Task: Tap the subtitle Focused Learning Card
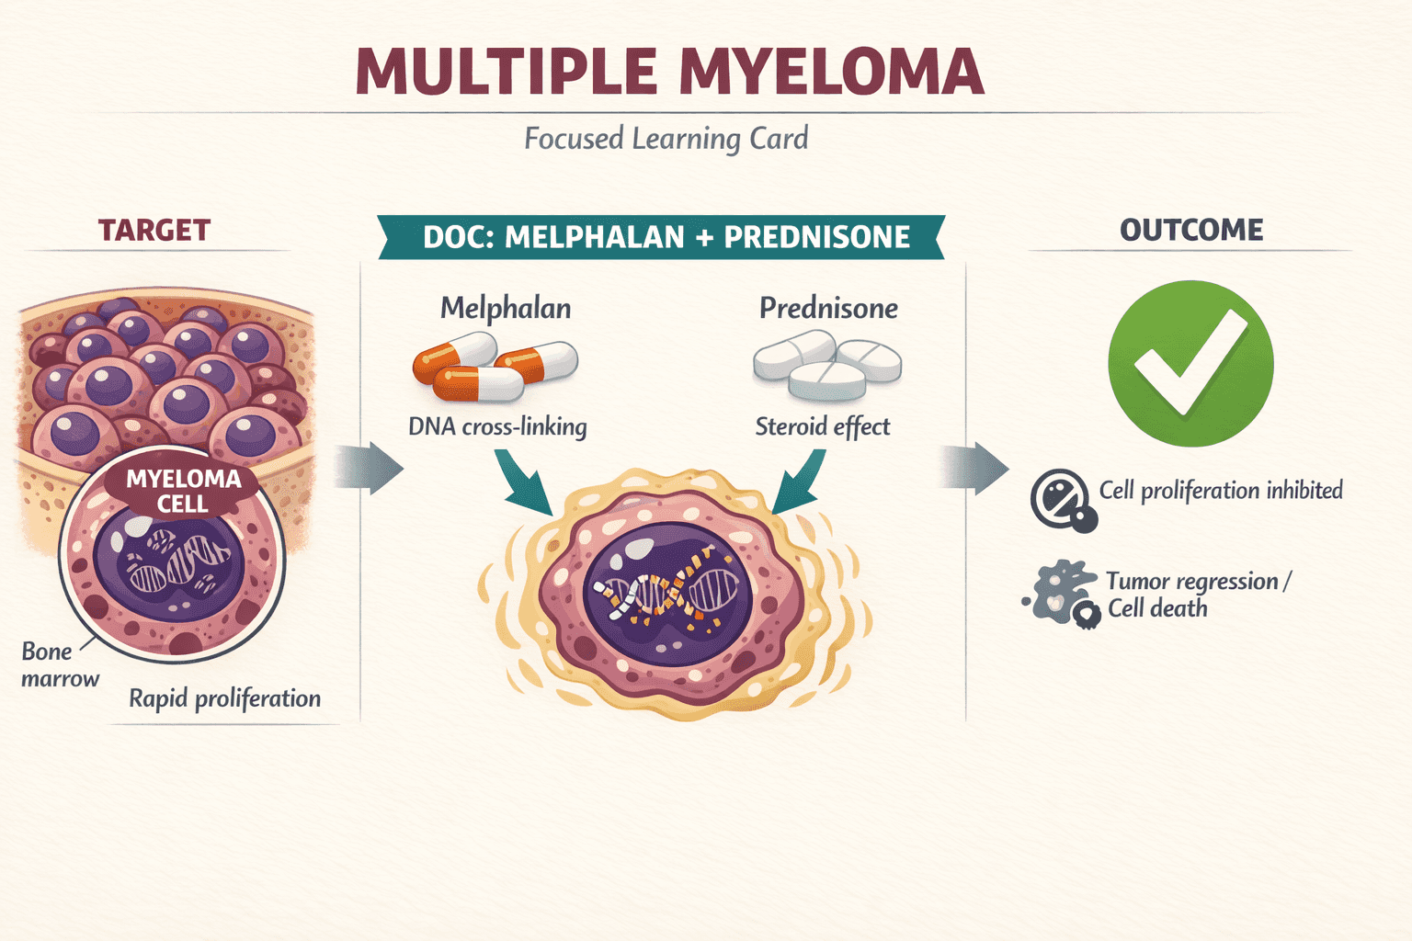pyautogui.click(x=666, y=139)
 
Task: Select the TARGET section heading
pyautogui.click(x=154, y=230)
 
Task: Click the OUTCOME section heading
pyautogui.click(x=1191, y=230)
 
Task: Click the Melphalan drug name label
pyautogui.click(x=506, y=308)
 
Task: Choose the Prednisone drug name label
pyautogui.click(x=828, y=308)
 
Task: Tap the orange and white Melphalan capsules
pyautogui.click(x=495, y=367)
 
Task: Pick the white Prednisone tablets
pyautogui.click(x=827, y=366)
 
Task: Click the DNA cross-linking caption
pyautogui.click(x=497, y=426)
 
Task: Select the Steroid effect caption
pyautogui.click(x=823, y=426)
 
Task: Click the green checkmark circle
pyautogui.click(x=1190, y=364)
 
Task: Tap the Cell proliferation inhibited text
pyautogui.click(x=1221, y=491)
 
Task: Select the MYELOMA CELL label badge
pyautogui.click(x=183, y=491)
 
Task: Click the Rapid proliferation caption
pyautogui.click(x=224, y=698)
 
